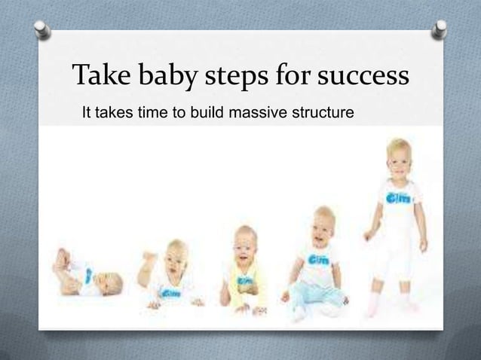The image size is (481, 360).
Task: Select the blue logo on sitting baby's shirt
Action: [317, 258]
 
